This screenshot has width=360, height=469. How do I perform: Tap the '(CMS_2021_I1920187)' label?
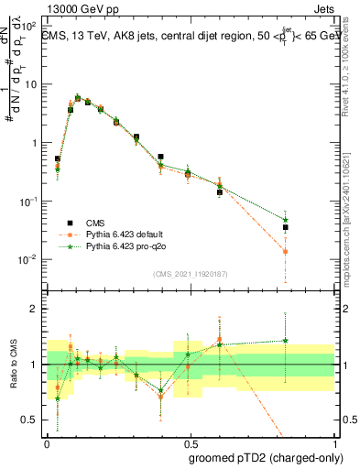pos(190,273)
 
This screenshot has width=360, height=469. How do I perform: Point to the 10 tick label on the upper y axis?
pos(30,84)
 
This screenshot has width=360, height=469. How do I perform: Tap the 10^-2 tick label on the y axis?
pos(28,260)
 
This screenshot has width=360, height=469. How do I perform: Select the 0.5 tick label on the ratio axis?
pos(31,420)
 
